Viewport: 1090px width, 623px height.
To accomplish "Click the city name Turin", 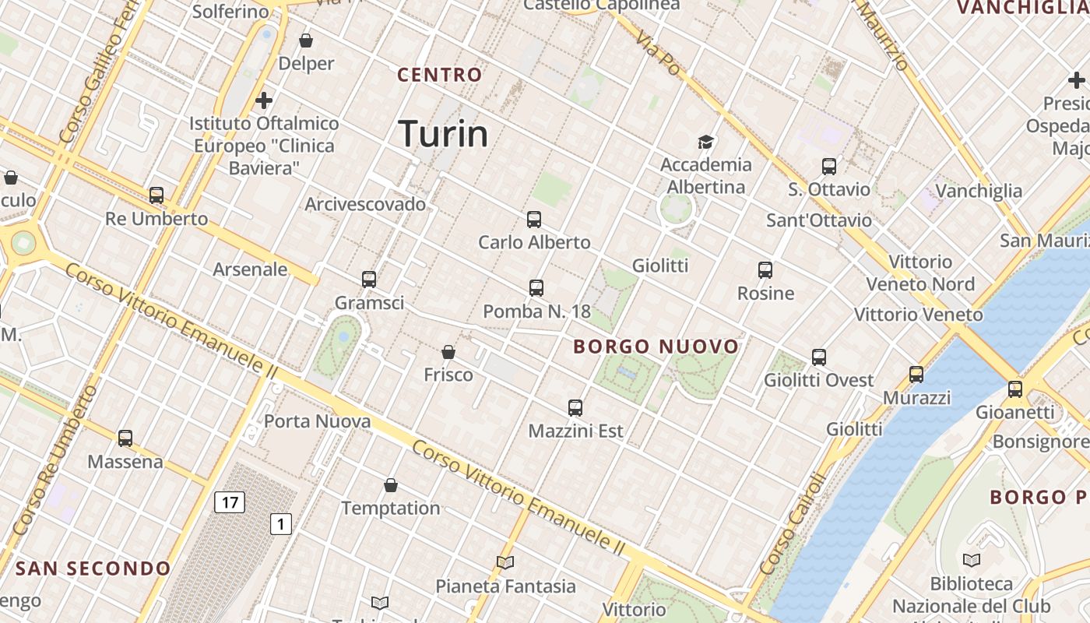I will tap(443, 134).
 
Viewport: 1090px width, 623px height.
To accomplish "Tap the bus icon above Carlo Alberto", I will tap(533, 220).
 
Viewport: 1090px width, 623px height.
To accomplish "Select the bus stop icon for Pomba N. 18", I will tap(536, 288).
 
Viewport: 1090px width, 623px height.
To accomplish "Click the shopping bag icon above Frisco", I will tap(448, 352).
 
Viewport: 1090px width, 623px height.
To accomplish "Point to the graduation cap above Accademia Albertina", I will tap(705, 142).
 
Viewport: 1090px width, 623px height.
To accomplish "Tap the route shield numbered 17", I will tap(230, 502).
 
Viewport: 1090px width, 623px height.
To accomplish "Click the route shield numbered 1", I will tap(280, 524).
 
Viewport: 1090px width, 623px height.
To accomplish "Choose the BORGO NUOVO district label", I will tap(656, 347).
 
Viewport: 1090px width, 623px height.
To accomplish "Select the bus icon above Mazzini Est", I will tap(575, 407).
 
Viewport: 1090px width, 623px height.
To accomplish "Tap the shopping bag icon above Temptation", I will tap(391, 485).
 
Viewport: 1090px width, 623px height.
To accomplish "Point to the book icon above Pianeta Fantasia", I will tap(505, 562).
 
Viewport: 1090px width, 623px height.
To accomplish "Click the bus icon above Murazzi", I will tap(916, 375).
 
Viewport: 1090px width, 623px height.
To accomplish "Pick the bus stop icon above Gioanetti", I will tap(1014, 389).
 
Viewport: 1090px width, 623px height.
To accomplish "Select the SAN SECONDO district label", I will tap(93, 568).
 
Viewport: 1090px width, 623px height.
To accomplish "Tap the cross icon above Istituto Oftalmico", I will tap(264, 100).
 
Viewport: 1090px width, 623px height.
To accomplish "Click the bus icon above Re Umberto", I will tap(156, 195).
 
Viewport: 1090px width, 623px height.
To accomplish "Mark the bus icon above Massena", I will tap(125, 438).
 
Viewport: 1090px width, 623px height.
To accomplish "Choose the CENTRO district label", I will tap(440, 75).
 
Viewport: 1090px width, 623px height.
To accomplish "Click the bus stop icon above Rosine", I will tap(765, 270).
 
